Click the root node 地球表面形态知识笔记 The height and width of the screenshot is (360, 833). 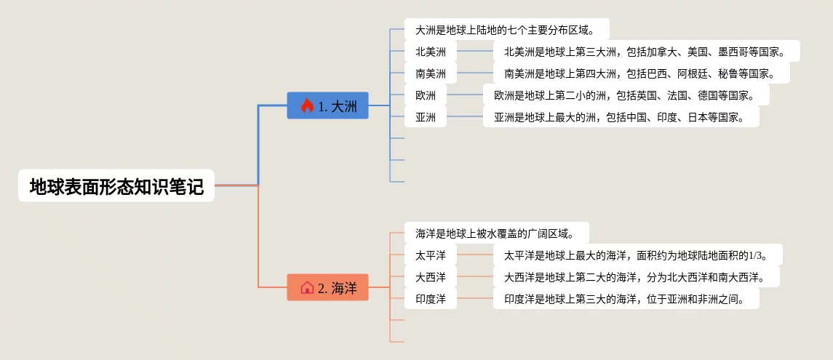(116, 186)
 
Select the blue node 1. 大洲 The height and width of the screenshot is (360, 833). (327, 106)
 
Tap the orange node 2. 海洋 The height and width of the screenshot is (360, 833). (327, 287)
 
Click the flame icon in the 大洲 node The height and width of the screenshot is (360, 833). (307, 106)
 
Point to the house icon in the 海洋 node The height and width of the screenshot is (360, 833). (307, 287)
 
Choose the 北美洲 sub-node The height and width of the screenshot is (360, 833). (431, 52)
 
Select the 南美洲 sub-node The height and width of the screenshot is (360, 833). (431, 73)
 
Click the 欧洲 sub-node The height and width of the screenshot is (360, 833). (426, 95)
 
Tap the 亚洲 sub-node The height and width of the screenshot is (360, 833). (426, 117)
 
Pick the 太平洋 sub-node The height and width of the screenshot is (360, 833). (431, 255)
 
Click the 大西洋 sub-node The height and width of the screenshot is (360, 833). (431, 277)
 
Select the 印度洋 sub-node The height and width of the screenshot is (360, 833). (431, 299)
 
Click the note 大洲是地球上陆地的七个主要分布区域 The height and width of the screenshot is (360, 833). (506, 30)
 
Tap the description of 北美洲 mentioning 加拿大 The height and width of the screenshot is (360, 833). (646, 52)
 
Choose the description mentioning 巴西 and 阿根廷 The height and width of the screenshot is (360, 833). (641, 73)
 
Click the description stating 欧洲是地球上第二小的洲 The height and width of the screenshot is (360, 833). (626, 95)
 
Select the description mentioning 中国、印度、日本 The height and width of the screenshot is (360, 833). (621, 117)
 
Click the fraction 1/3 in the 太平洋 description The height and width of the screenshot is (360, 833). (757, 255)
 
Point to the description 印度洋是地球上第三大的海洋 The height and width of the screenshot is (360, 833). (626, 299)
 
